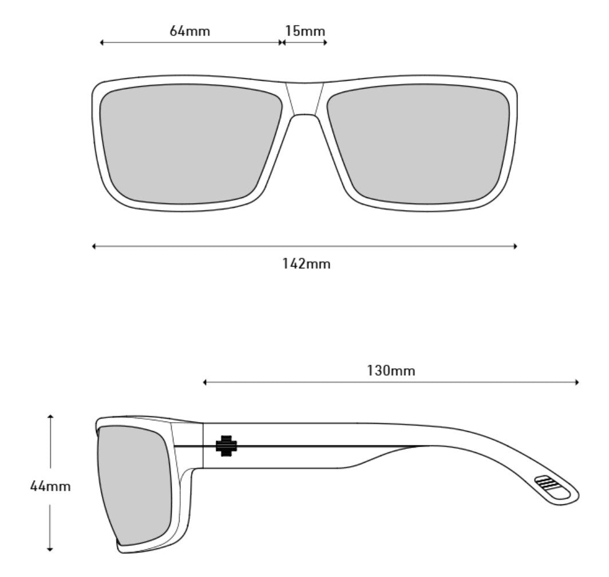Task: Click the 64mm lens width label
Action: click(x=189, y=31)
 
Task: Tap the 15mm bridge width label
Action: click(x=305, y=31)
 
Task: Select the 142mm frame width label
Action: click(x=306, y=264)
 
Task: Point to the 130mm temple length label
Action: click(x=391, y=371)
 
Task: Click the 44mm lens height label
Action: click(x=50, y=487)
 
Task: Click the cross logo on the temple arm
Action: click(x=226, y=445)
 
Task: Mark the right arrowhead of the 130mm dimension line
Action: click(x=577, y=382)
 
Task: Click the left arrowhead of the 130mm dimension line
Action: click(x=205, y=382)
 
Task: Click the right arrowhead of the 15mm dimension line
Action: click(x=325, y=42)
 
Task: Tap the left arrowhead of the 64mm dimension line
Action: click(x=102, y=42)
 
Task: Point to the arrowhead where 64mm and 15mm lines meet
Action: click(x=281, y=42)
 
